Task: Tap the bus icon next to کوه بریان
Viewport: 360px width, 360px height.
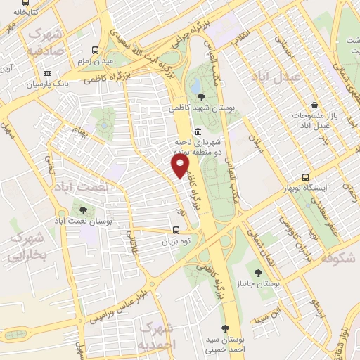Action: click(x=176, y=229)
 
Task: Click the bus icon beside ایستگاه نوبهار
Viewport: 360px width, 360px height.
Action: click(x=305, y=177)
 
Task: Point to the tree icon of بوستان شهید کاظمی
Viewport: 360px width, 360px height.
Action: click(x=202, y=96)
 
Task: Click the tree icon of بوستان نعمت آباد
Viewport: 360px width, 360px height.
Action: click(x=84, y=209)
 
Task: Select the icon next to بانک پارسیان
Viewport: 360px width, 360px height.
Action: click(x=47, y=72)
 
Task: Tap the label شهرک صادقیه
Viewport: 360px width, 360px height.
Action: click(x=46, y=42)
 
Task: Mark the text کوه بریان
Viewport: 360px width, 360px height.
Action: click(x=176, y=240)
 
